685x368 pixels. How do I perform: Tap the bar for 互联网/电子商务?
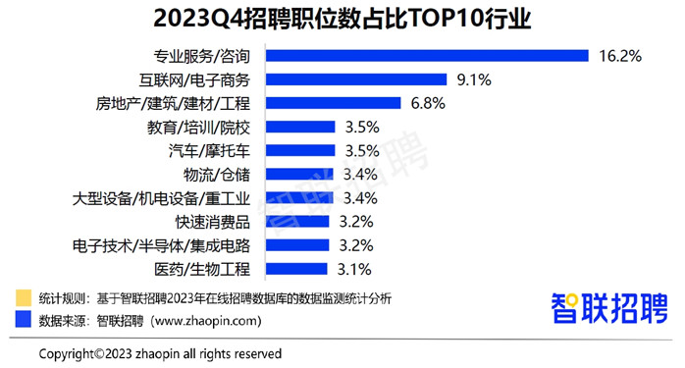357,79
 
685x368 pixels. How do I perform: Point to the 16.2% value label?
620,56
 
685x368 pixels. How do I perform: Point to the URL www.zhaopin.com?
208,320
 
